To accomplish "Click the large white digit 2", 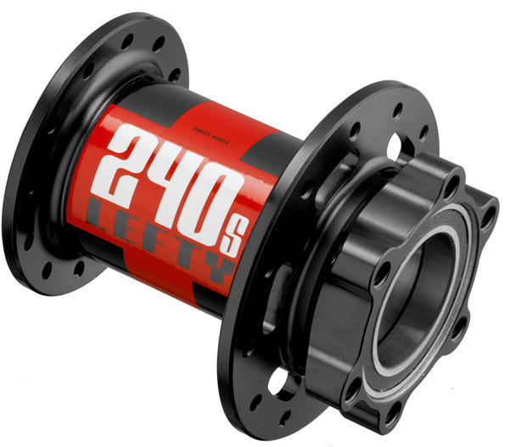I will point(126,161).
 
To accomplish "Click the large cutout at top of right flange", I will point(395,148).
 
